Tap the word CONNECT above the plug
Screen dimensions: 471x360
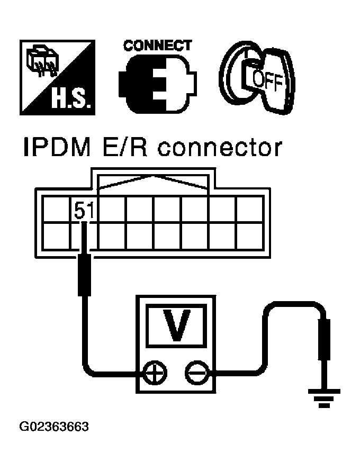pos(157,46)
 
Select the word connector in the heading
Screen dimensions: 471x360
pos(220,149)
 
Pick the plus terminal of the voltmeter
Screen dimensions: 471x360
pos(155,374)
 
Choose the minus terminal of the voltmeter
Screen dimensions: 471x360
pos(196,374)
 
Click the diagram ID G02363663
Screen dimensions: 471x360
pos(54,427)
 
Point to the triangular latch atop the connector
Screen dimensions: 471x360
pos(154,183)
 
